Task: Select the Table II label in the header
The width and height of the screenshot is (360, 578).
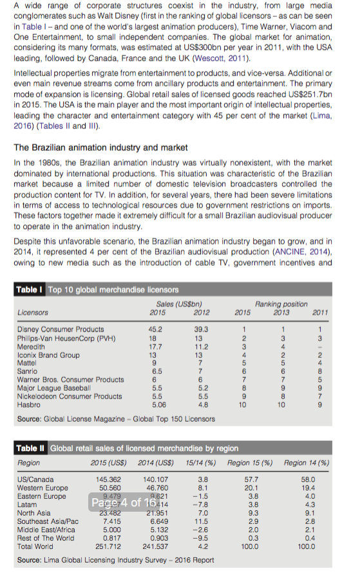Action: tap(30, 448)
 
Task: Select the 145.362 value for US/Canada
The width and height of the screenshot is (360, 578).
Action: tap(108, 480)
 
